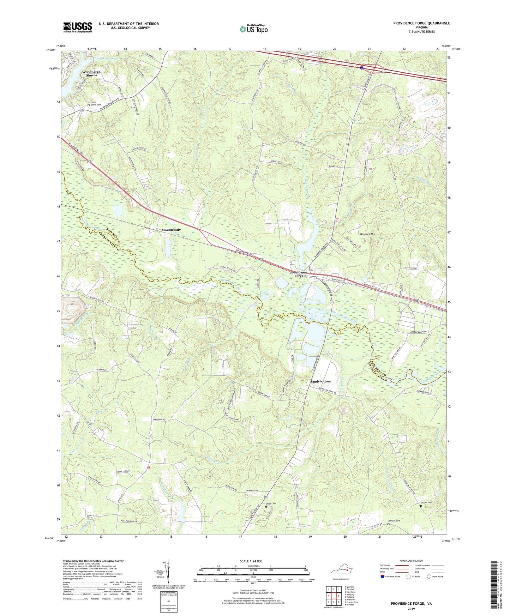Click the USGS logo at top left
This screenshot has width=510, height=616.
(x=77, y=27)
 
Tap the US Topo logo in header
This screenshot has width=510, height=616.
(x=253, y=29)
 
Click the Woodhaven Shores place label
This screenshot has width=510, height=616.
(x=91, y=73)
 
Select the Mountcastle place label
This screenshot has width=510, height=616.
(x=171, y=230)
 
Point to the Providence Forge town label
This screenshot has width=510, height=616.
(x=299, y=274)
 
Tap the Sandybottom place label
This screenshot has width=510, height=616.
(x=320, y=381)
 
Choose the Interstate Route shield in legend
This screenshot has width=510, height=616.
(x=383, y=576)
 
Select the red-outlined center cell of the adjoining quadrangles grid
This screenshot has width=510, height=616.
(x=334, y=596)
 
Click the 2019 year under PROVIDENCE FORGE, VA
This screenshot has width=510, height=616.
(x=411, y=609)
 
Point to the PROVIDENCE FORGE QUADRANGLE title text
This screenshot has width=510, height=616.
(x=421, y=23)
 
